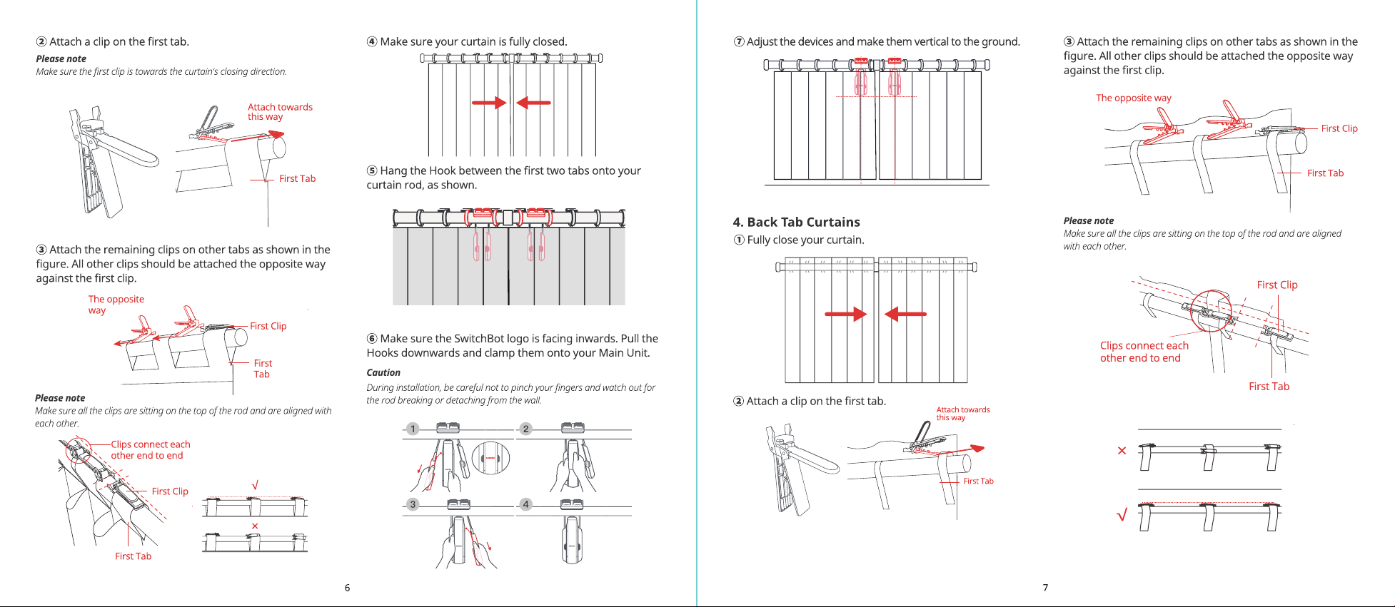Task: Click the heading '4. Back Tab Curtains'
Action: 796,222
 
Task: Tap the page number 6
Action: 347,588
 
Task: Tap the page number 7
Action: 1045,588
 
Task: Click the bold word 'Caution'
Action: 383,372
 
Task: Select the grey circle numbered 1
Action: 413,429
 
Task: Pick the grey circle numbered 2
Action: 526,429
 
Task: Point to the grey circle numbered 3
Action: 413,504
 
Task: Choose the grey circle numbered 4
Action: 526,504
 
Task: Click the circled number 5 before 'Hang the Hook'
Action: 372,170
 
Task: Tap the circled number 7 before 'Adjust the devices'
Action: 739,41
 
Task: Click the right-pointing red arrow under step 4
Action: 489,103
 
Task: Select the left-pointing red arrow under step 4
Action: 533,103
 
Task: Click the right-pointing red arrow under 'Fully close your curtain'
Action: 845,314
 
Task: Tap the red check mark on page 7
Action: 1122,514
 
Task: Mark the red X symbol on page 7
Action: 1122,451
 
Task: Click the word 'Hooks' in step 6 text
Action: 382,352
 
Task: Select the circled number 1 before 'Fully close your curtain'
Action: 739,240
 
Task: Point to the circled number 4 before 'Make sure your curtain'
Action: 372,41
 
